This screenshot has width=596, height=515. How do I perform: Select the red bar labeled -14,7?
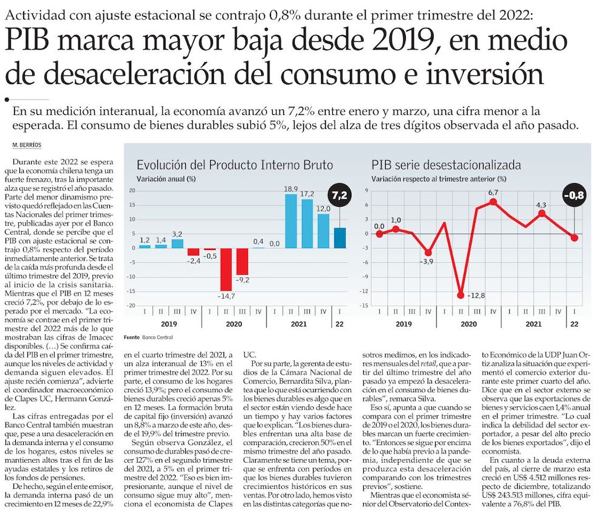(x=226, y=269)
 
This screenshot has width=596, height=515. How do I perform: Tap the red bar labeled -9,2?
(x=242, y=261)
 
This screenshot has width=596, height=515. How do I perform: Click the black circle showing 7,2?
(x=340, y=195)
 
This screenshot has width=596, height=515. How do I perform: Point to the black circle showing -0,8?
(x=574, y=195)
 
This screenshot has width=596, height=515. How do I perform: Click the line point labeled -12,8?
(x=461, y=295)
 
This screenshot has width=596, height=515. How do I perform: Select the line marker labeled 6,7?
(x=493, y=201)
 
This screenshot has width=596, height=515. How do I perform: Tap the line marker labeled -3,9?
(x=428, y=252)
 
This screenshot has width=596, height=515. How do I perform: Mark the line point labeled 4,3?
(x=542, y=213)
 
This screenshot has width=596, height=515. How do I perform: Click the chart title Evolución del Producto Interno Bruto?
(x=235, y=165)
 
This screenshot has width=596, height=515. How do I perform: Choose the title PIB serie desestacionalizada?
(x=446, y=165)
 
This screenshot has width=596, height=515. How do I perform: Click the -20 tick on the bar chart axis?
(x=131, y=305)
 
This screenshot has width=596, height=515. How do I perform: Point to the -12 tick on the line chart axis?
(x=366, y=291)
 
